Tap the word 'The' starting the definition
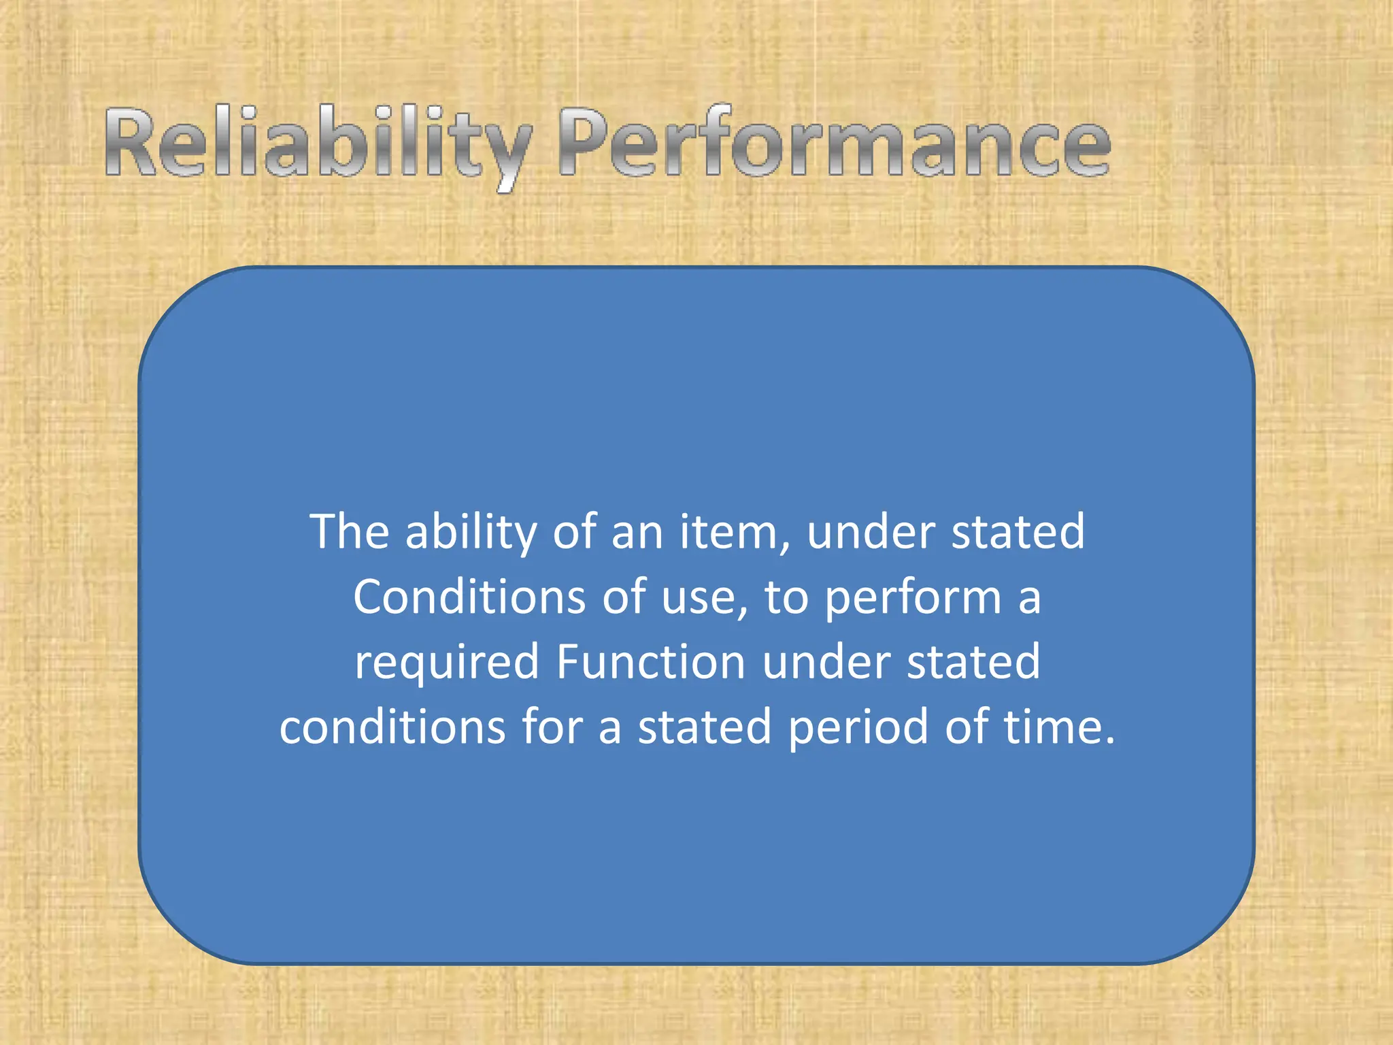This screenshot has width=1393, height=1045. click(350, 532)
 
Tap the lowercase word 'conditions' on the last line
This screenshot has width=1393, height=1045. click(392, 727)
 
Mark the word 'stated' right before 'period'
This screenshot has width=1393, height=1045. click(705, 727)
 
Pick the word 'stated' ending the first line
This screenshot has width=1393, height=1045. click(1018, 532)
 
